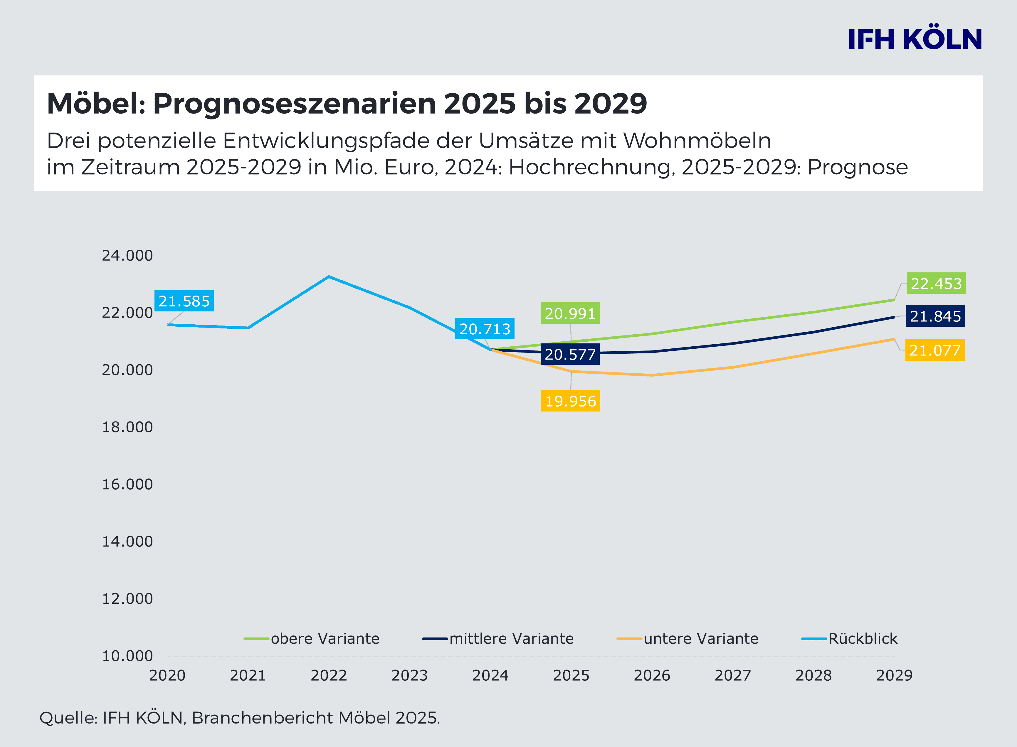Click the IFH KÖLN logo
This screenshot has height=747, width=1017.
click(915, 39)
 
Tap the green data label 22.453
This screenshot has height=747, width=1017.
click(936, 284)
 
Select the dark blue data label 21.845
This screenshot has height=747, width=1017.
click(935, 316)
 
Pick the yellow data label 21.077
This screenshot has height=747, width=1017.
click(935, 350)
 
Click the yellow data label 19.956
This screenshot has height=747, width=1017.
click(571, 401)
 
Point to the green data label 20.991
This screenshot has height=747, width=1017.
click(570, 313)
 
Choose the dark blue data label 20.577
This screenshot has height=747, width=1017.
click(570, 355)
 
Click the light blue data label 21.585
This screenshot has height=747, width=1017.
click(184, 301)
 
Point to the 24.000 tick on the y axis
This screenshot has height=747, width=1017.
click(127, 255)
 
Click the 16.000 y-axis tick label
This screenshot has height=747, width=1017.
click(127, 484)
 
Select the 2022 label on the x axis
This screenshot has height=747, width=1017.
click(328, 676)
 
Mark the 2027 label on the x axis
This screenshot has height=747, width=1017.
click(732, 676)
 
